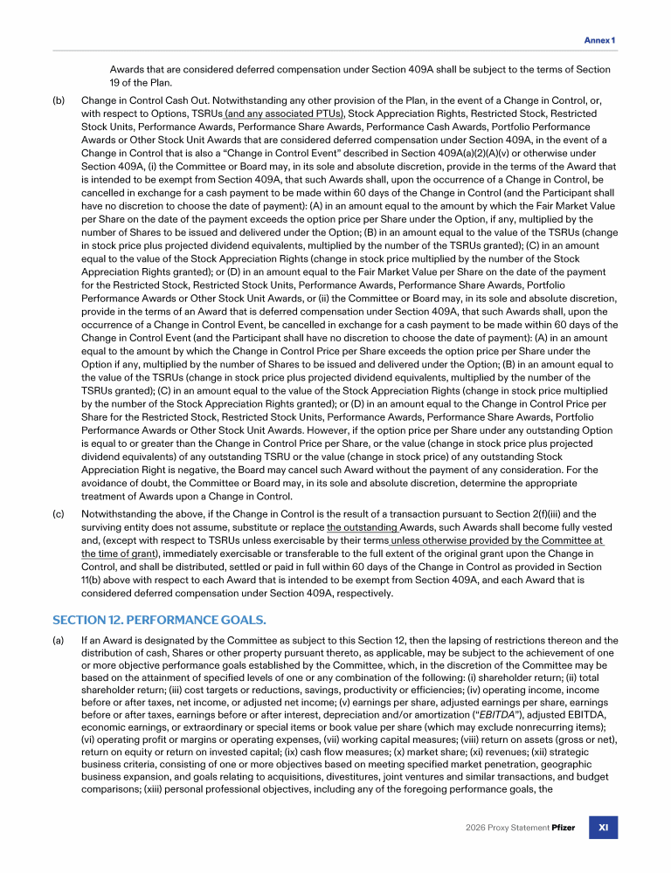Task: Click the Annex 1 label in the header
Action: tap(599, 40)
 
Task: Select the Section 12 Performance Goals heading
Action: tap(159, 620)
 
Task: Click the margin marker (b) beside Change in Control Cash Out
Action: tap(59, 101)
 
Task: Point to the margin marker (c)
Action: tap(59, 515)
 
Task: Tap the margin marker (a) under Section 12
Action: tap(59, 641)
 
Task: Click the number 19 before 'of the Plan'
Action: tap(116, 82)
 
